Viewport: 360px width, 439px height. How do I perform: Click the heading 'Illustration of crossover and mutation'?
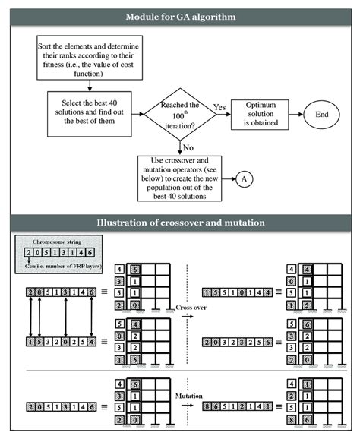point(180,223)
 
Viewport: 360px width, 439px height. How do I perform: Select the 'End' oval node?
point(321,115)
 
